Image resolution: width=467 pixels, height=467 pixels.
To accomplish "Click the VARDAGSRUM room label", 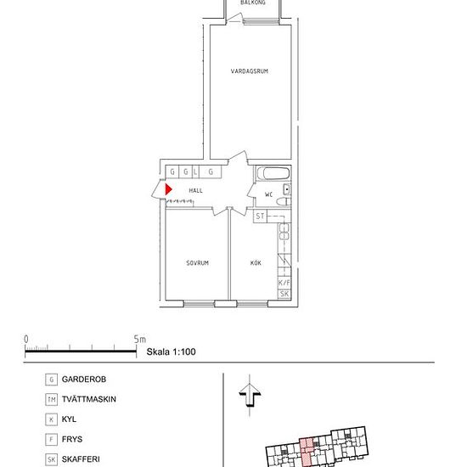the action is [x=250, y=71].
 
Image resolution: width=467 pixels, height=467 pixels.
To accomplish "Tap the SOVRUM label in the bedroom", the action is [x=197, y=263].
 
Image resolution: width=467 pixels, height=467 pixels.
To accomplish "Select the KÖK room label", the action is [x=256, y=262].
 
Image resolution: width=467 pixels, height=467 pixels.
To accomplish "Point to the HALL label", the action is [x=195, y=190].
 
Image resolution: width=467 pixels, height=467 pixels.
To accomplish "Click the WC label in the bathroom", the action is [x=268, y=194].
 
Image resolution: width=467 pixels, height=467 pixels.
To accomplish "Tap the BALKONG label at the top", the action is [x=253, y=3].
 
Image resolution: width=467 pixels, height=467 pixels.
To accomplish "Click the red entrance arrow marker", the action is [x=169, y=189].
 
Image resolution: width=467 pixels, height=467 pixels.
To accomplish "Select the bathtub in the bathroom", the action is [x=273, y=173].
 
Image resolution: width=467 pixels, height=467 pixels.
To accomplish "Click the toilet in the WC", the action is [x=284, y=201].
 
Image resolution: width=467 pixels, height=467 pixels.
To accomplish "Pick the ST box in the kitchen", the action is [x=260, y=216].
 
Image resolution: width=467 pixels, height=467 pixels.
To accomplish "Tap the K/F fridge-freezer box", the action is [x=284, y=283].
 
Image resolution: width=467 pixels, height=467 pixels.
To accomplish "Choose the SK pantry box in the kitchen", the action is [x=284, y=294].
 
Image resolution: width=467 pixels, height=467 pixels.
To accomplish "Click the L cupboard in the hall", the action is [x=195, y=172].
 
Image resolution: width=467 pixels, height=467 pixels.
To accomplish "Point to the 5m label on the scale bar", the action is [x=140, y=340].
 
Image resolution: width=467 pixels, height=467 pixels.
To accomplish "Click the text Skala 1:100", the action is [x=171, y=352].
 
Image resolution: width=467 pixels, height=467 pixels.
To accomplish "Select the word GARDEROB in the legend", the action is [x=84, y=380].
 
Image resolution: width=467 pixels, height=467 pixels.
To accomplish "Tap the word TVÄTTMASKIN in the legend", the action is [x=89, y=399].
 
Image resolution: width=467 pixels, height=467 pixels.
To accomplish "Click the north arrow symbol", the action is [x=250, y=395].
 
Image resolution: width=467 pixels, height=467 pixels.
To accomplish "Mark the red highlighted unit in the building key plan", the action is [x=307, y=452].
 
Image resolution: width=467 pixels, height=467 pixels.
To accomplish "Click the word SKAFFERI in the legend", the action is [x=81, y=459].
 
